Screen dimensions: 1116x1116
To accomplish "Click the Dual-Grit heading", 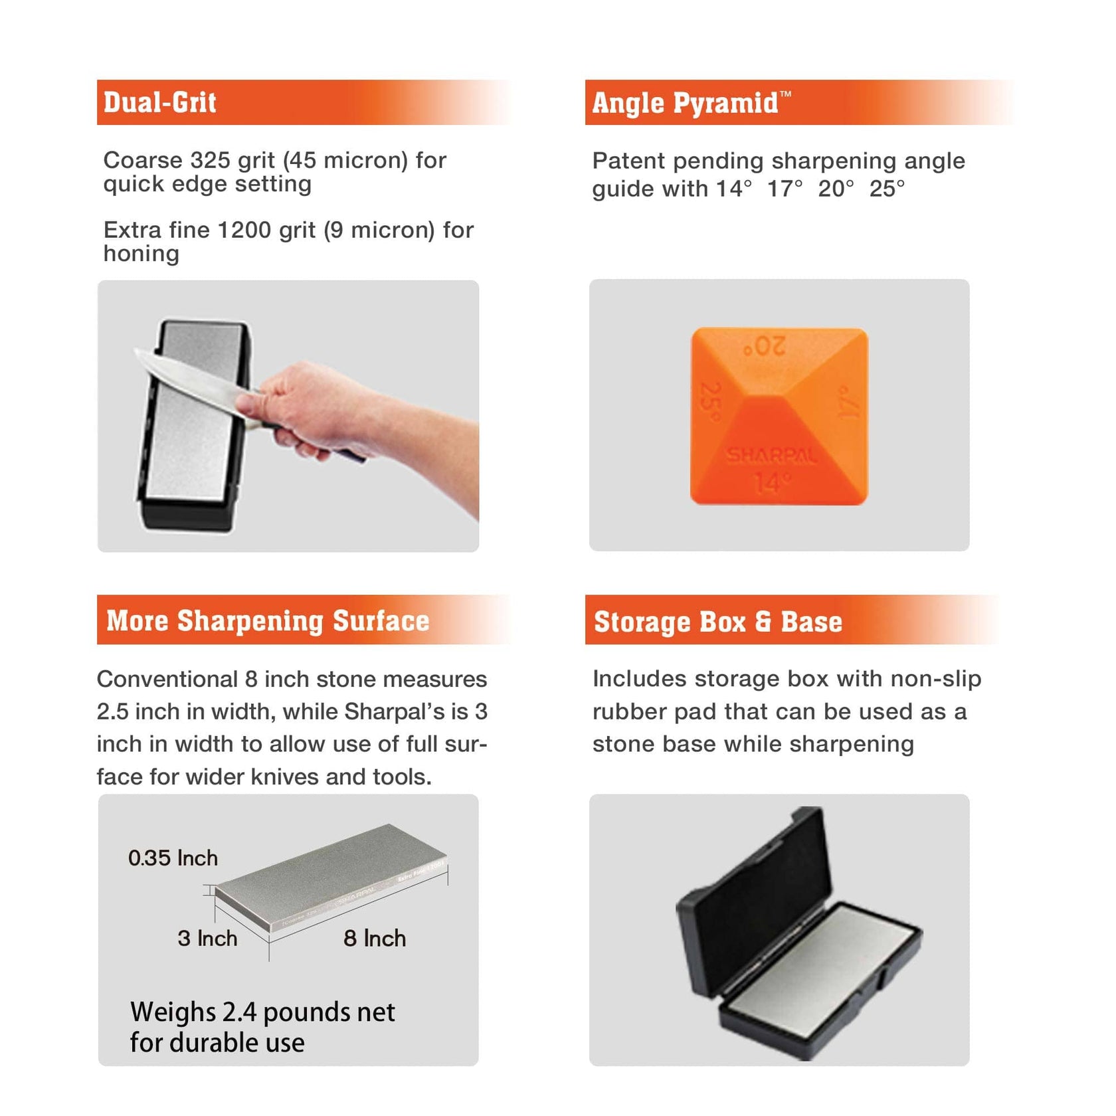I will coord(160,102).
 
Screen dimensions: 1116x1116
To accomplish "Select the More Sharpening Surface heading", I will coord(268,620).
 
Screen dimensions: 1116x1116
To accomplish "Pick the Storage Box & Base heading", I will coord(717,622).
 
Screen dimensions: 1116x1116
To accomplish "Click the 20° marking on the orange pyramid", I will coord(765,346).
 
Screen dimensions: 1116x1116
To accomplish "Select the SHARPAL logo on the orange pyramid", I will coord(771,456).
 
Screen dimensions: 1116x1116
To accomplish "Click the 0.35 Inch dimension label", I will coord(173,858).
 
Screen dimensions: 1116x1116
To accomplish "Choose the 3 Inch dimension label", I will coord(207,938).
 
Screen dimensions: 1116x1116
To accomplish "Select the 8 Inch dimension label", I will coord(375,938).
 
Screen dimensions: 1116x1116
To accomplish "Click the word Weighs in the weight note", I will coord(173,1012).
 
